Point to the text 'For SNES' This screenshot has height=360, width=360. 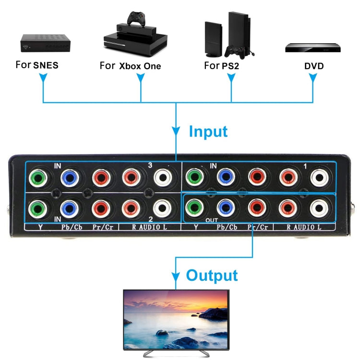[37, 65]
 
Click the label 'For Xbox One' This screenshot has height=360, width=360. [130, 66]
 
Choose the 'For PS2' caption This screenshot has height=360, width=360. [221, 65]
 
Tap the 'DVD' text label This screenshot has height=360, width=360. [313, 66]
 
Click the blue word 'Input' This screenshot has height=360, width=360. [208, 131]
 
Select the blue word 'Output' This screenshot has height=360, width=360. [212, 275]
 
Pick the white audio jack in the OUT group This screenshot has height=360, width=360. [319, 207]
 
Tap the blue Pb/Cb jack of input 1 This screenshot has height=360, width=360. [225, 177]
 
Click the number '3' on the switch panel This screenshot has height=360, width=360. [150, 166]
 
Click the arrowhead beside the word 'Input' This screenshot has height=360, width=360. [176, 131]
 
